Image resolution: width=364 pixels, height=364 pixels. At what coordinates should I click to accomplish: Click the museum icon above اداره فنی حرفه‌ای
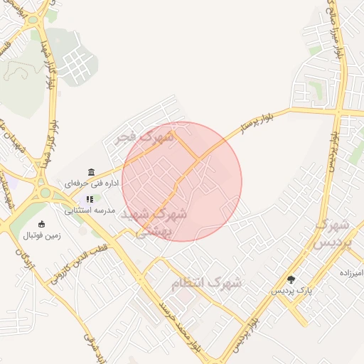click(x=90, y=172)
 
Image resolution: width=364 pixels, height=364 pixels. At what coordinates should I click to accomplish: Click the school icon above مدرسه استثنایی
click(x=90, y=200)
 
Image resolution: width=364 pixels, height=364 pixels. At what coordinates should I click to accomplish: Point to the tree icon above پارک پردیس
click(x=291, y=279)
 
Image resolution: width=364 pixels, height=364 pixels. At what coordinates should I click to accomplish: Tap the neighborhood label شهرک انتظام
click(x=207, y=283)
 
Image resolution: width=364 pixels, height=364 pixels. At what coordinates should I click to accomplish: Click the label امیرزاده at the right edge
click(x=350, y=273)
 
